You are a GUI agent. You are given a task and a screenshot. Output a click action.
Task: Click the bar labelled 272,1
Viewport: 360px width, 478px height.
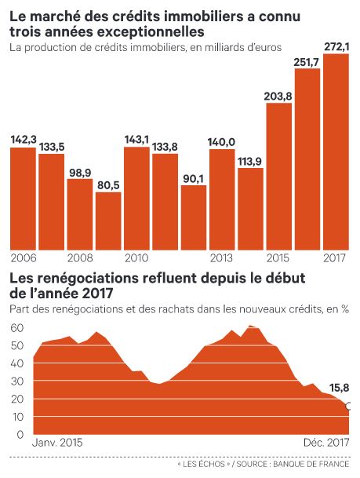tap(336, 151)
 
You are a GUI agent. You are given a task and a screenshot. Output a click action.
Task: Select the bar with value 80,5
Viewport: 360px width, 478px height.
tap(108, 221)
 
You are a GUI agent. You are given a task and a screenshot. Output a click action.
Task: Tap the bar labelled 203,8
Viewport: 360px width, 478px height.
tap(279, 177)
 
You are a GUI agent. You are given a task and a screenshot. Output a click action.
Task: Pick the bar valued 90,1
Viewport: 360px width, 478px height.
tap(194, 217)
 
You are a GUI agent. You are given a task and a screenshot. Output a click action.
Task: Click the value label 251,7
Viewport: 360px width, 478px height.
tap(306, 63)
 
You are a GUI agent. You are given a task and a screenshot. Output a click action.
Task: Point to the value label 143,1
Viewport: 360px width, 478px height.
tap(136, 140)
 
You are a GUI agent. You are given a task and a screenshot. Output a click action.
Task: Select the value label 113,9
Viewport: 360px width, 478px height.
tap(249, 161)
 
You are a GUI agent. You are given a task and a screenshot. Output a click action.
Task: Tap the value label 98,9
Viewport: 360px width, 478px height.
tap(80, 173)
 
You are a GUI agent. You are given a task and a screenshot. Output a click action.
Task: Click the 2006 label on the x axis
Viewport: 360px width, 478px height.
tap(24, 258)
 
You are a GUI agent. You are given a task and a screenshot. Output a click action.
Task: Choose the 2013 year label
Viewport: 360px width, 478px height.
tap(221, 258)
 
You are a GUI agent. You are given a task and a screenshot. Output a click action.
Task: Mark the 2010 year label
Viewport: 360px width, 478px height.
tap(136, 258)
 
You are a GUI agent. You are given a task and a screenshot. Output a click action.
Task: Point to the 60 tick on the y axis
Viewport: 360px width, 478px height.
tap(17, 328)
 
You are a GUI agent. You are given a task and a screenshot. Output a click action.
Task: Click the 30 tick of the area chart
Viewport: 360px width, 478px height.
tap(17, 381)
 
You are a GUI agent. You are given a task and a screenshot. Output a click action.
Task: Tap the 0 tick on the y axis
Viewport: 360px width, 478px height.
tap(20, 435)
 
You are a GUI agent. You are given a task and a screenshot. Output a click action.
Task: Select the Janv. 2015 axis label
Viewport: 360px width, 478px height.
tap(57, 443)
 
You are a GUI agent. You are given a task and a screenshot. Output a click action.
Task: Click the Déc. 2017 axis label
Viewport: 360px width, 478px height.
tap(326, 443)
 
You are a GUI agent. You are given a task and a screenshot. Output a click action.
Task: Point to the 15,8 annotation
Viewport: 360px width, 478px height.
tap(339, 388)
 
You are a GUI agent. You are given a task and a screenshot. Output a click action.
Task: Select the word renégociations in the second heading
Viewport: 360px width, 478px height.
tap(81, 279)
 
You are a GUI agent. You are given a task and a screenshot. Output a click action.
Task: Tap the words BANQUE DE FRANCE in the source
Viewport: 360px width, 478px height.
tap(311, 465)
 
